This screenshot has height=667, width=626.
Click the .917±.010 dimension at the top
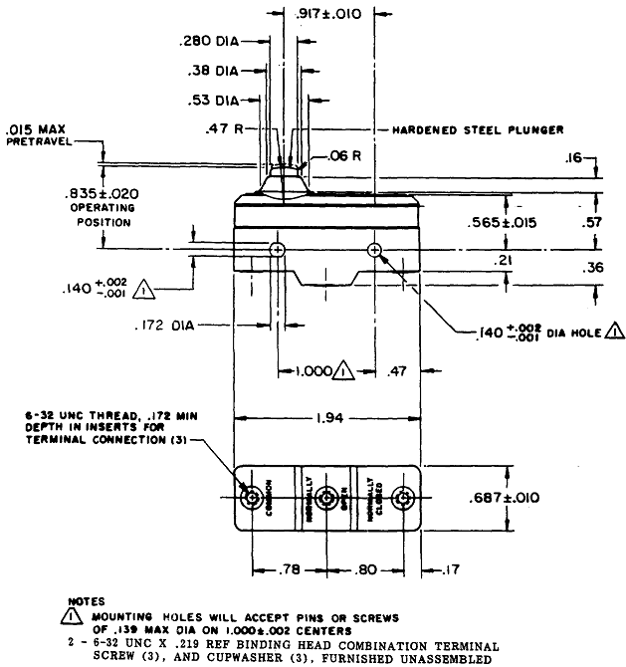click(334, 14)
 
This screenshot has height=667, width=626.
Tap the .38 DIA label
click(214, 71)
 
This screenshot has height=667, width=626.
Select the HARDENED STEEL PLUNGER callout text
click(478, 129)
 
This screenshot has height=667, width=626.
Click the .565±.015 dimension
click(503, 223)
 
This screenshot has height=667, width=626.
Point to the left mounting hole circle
click(277, 249)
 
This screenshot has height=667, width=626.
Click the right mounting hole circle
click(375, 249)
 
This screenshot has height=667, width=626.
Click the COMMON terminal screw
click(250, 496)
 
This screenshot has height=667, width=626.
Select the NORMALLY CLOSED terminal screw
click(403, 497)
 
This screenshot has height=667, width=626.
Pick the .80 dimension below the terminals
click(364, 570)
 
